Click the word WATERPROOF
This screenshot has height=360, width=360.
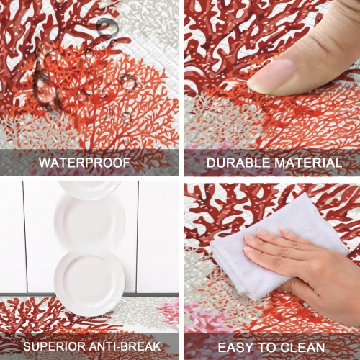[x=85, y=163]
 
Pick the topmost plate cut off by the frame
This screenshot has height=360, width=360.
[x=89, y=189]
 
